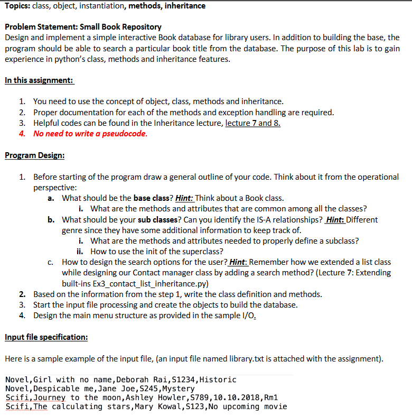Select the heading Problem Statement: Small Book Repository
click(x=83, y=27)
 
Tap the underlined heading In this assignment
click(x=39, y=80)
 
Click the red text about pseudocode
click(x=90, y=133)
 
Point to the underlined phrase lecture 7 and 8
click(x=252, y=123)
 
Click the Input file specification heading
click(x=46, y=337)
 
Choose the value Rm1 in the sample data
click(x=269, y=397)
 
